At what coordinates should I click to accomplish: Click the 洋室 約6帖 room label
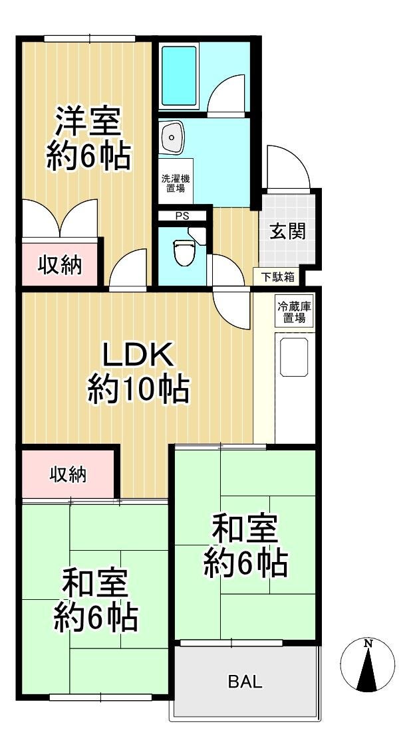point(88,138)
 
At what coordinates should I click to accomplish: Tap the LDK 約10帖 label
point(138,373)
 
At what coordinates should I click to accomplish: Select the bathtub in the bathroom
point(179,76)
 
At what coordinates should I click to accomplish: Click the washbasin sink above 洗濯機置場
point(172,137)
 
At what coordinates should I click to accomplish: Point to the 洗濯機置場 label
point(175,183)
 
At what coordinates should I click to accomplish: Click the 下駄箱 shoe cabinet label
point(277,278)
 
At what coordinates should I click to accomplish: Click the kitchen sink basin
point(294,357)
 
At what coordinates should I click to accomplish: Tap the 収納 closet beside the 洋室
point(60,265)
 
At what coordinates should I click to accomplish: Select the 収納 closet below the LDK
point(69,475)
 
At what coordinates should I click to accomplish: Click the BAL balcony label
point(245,682)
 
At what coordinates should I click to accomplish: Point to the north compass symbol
point(368,665)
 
